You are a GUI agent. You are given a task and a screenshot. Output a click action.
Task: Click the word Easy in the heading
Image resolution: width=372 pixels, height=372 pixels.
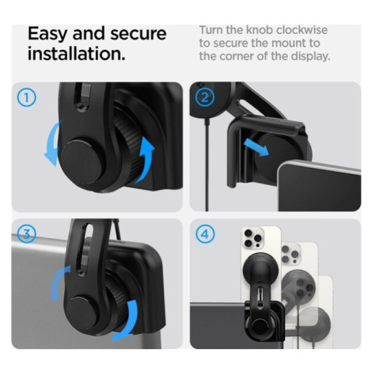(x=47, y=35)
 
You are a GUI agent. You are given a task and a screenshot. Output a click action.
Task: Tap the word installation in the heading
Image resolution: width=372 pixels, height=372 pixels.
(x=77, y=53)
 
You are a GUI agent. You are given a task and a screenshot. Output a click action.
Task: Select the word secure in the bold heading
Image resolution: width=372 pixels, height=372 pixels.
(x=139, y=34)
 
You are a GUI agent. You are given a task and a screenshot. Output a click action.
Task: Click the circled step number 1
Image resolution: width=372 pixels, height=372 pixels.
(x=27, y=97)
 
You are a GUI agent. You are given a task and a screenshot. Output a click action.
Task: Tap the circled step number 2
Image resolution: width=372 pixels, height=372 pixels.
(x=205, y=97)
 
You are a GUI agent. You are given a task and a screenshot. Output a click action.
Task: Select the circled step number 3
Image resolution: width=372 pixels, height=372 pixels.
(x=26, y=233)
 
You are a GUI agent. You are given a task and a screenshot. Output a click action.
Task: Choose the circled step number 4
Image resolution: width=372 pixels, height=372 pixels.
(x=205, y=234)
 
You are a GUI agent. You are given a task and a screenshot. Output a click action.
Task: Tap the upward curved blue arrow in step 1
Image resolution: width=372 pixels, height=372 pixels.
(x=146, y=161)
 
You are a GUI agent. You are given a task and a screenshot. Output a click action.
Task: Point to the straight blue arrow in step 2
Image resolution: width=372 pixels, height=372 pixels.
(x=256, y=148)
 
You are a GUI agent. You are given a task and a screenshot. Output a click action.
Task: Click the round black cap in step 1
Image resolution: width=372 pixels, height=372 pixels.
(x=82, y=162)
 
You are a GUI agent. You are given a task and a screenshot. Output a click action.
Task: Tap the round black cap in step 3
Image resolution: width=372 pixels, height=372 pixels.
(x=83, y=313)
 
